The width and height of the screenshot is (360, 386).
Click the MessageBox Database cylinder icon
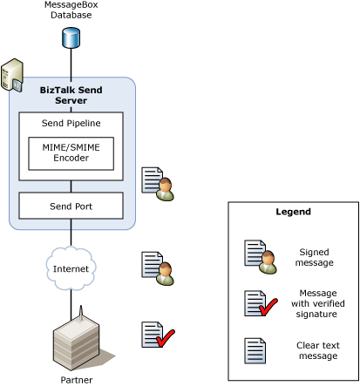click(x=71, y=37)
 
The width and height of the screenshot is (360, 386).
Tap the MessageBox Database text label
click(x=71, y=10)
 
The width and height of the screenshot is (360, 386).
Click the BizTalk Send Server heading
click(x=71, y=95)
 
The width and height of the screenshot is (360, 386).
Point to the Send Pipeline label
click(x=71, y=123)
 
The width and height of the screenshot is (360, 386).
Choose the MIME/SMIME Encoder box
click(x=71, y=152)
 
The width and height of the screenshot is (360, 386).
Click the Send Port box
click(x=71, y=206)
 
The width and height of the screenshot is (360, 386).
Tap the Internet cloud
click(x=71, y=268)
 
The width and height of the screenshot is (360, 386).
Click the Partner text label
click(x=77, y=380)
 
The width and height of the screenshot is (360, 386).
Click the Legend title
click(x=293, y=212)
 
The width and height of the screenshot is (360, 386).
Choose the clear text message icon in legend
click(x=255, y=350)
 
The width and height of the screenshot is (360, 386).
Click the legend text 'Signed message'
click(x=315, y=257)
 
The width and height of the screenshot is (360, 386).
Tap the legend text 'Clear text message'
click(x=316, y=350)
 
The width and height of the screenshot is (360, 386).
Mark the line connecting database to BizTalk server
click(x=71, y=63)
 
